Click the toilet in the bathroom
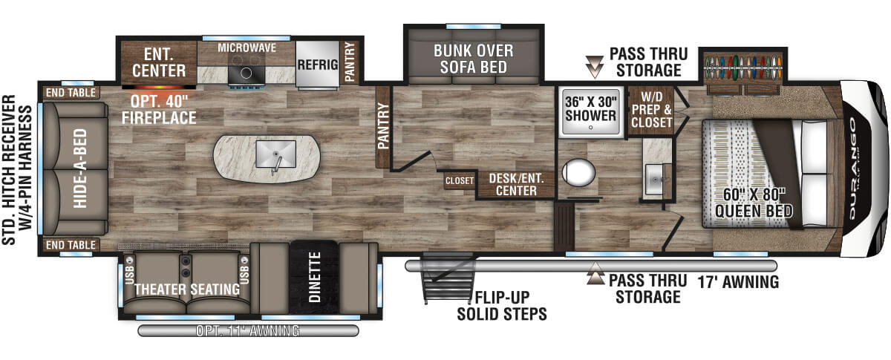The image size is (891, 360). point(578,173)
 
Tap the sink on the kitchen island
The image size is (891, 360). point(275,154)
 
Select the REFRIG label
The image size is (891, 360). point(318,65)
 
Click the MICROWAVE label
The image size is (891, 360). point(247,48)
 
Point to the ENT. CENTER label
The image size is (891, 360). point(159,62)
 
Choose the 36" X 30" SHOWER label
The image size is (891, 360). point(591,108)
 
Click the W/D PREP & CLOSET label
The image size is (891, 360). point(652,109)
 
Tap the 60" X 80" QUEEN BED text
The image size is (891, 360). point(754,203)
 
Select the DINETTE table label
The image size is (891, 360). point(314,277)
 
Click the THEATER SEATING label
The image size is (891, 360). point(187,289)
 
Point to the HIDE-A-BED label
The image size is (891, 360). point(80,168)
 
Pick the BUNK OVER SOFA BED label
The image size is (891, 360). point(474,59)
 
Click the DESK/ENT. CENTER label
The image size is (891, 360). point(516,185)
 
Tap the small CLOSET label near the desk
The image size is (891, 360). point(460,181)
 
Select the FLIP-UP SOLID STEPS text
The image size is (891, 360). point(502,306)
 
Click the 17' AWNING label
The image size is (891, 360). point(738,282)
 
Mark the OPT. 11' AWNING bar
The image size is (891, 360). point(248,330)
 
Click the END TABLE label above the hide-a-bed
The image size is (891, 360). point(71,93)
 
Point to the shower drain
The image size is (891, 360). point(591,128)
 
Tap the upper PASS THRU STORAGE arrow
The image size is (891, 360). point(595,66)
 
